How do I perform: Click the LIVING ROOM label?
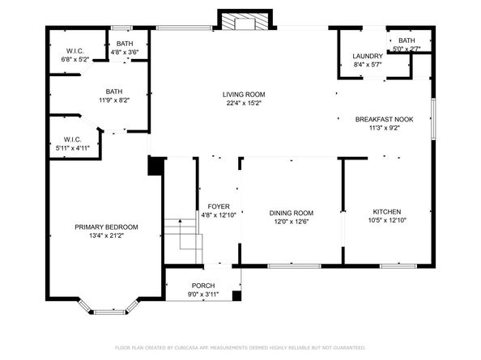coord(244,95)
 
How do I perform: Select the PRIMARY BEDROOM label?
coord(106,227)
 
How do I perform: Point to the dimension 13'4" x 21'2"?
coord(106,236)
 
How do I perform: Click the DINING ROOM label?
coord(291,213)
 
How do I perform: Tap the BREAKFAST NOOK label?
coord(384,119)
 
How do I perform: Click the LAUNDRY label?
coord(367,56)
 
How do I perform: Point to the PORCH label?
coord(202,286)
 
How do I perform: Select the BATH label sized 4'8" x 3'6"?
coord(125,43)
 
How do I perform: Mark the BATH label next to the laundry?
coord(406,40)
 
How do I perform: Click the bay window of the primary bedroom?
coord(106,309)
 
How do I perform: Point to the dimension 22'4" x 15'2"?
coord(244,104)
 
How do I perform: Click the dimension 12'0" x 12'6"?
coord(291,222)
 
